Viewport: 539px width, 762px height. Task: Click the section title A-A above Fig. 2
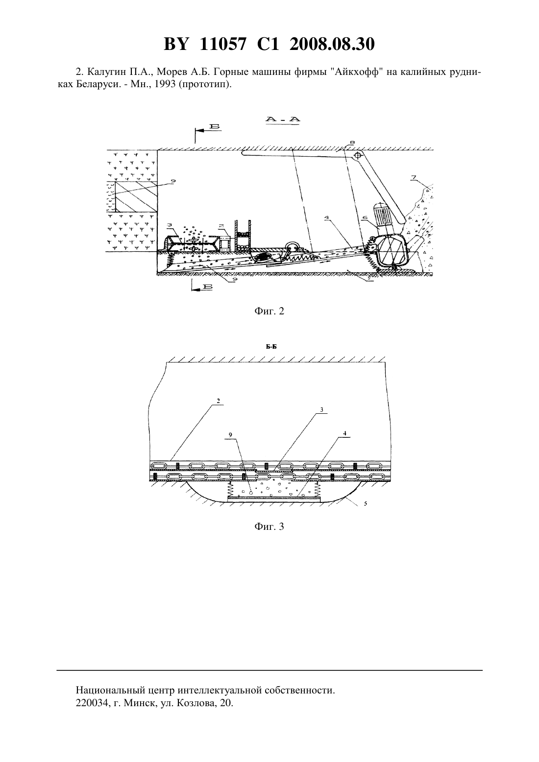pyautogui.click(x=283, y=119)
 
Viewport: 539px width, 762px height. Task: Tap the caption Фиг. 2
pyautogui.click(x=269, y=311)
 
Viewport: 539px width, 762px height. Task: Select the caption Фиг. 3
pyautogui.click(x=269, y=526)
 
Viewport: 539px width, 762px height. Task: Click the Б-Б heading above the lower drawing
pyautogui.click(x=271, y=347)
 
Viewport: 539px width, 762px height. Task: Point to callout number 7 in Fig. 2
pyautogui.click(x=413, y=177)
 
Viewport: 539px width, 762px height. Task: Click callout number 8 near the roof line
pyautogui.click(x=352, y=142)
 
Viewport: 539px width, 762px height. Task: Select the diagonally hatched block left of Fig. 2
pyautogui.click(x=136, y=197)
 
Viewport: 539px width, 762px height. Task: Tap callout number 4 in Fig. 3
pyautogui.click(x=344, y=433)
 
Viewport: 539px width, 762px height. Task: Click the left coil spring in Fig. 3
pyautogui.click(x=230, y=489)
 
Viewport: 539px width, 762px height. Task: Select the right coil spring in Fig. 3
pyautogui.click(x=317, y=489)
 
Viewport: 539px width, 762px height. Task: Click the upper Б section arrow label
pyautogui.click(x=215, y=126)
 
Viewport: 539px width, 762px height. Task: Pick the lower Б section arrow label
pyautogui.click(x=207, y=287)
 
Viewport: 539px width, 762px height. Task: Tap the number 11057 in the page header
pyautogui.click(x=223, y=44)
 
